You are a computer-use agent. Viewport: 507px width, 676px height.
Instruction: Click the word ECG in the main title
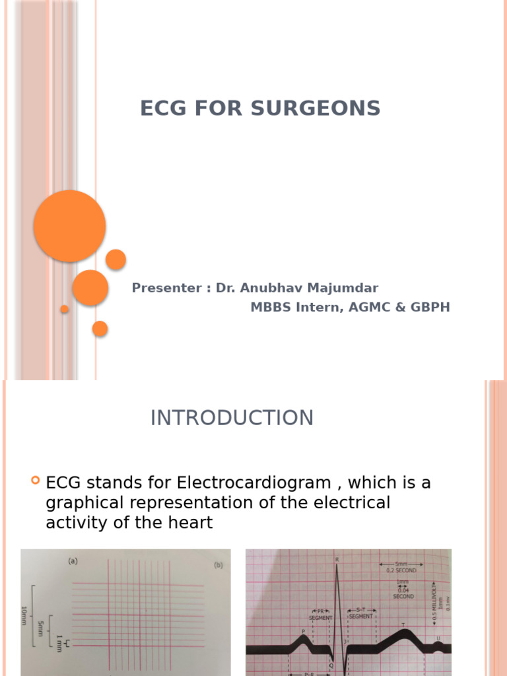click(163, 108)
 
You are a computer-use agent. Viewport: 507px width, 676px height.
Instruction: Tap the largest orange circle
click(69, 226)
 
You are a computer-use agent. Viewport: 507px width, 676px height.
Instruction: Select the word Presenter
click(167, 288)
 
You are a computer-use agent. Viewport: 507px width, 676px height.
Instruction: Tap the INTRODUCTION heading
click(232, 418)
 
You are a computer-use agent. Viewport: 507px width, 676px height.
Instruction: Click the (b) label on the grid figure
click(218, 565)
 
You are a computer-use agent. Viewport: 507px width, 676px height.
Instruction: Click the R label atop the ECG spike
click(337, 560)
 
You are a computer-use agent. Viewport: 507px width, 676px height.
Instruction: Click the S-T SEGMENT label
click(361, 614)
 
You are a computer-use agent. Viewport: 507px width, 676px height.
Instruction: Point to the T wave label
click(403, 625)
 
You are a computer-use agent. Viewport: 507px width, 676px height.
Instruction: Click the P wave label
click(304, 631)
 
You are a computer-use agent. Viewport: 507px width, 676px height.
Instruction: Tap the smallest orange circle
click(64, 309)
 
